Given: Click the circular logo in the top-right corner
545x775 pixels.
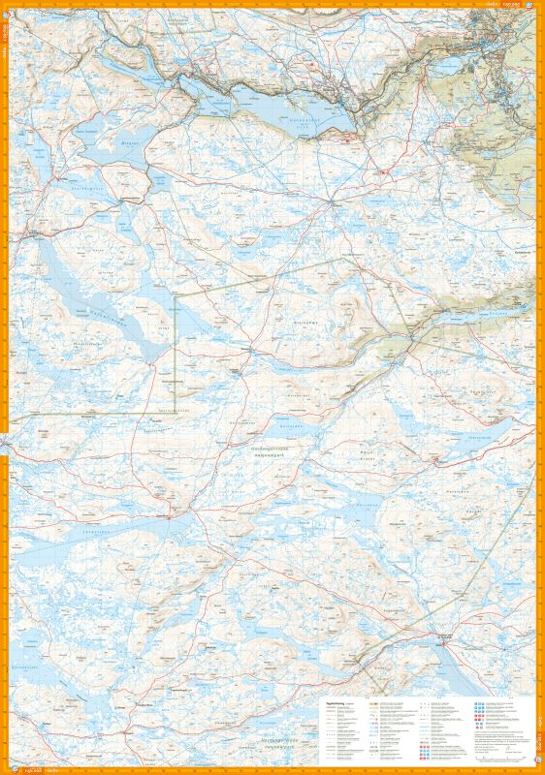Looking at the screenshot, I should click(x=538, y=6).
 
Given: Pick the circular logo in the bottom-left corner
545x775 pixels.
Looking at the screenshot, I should click(x=6, y=769).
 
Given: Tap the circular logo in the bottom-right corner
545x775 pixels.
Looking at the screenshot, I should click(x=538, y=769).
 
